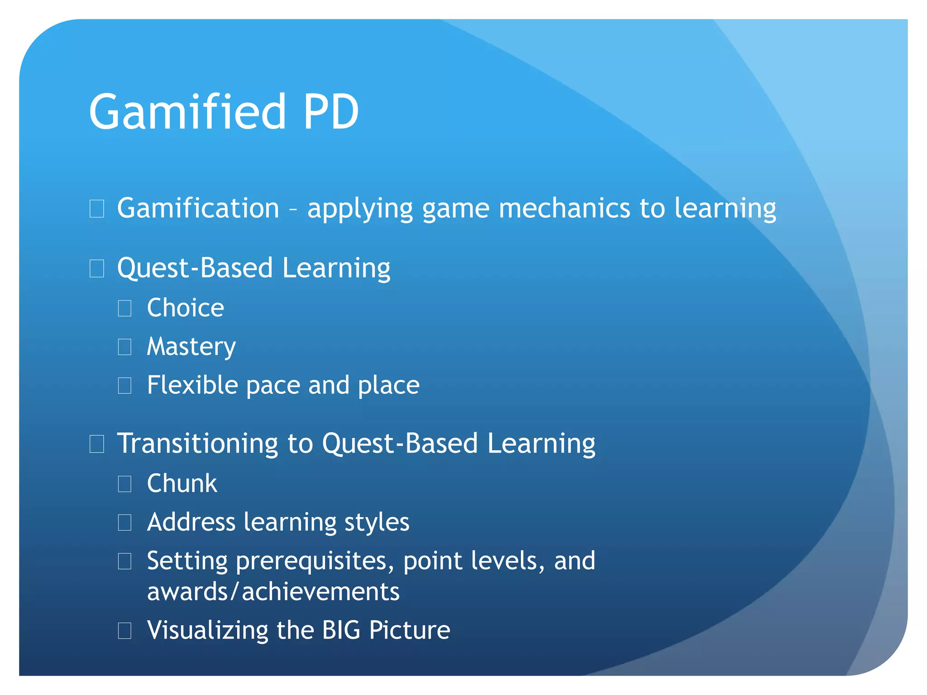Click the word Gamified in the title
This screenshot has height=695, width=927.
point(187,112)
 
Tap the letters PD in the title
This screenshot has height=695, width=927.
point(331,112)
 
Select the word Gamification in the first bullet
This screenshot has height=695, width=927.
point(198,209)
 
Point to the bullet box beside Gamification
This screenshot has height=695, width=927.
point(97,209)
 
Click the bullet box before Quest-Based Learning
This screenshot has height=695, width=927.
point(97,269)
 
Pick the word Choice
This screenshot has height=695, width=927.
point(186,308)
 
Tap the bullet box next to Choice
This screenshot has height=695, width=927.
point(124,309)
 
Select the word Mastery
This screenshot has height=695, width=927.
point(191,347)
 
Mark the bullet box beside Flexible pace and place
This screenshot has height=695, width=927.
point(124,386)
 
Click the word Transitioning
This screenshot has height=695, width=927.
point(197,443)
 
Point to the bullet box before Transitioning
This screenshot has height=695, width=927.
point(97,444)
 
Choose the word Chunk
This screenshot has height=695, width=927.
point(182,483)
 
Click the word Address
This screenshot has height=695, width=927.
point(191,522)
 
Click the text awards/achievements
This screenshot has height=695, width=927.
point(273,592)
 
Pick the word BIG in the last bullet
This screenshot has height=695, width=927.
point(341,630)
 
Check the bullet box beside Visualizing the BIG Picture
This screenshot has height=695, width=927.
point(124,631)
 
